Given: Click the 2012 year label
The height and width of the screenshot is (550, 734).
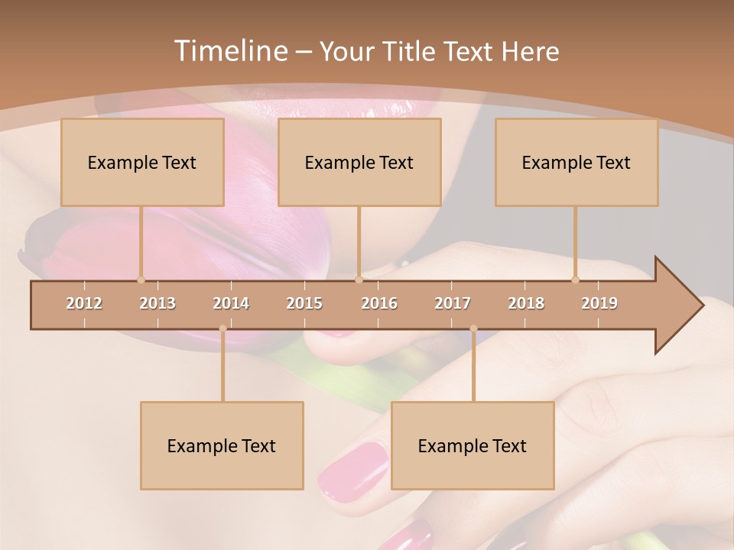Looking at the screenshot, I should pyautogui.click(x=84, y=303).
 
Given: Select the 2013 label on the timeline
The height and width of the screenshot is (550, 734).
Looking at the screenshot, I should pyautogui.click(x=158, y=303).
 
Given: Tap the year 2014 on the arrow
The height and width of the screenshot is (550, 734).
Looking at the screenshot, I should pyautogui.click(x=231, y=303).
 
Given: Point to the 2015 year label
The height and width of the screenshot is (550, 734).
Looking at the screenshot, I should pyautogui.click(x=304, y=303).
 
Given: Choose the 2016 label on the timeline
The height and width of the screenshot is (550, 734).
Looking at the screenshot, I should pyautogui.click(x=379, y=303).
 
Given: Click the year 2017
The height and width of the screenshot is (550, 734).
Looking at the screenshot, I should pyautogui.click(x=453, y=303).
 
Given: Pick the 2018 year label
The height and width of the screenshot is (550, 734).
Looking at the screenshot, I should pyautogui.click(x=526, y=303).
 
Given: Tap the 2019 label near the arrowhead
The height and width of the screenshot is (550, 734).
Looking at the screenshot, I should pyautogui.click(x=599, y=303).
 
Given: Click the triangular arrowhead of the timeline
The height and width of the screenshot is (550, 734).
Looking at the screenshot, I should pyautogui.click(x=677, y=306).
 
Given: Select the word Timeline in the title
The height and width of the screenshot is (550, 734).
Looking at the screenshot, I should pyautogui.click(x=229, y=51).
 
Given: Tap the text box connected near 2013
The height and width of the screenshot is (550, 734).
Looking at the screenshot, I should pyautogui.click(x=142, y=162).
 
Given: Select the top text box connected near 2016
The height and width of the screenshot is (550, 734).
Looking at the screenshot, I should pyautogui.click(x=359, y=162).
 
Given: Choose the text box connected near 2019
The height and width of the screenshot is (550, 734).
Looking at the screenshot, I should pyautogui.click(x=576, y=162).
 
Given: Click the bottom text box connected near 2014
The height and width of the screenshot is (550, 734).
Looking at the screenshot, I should pyautogui.click(x=222, y=445).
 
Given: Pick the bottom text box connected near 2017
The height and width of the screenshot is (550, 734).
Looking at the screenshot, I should pyautogui.click(x=473, y=445).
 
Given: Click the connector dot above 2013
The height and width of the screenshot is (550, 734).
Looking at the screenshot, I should pyautogui.click(x=141, y=280).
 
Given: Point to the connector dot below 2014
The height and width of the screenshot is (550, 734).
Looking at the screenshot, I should pyautogui.click(x=222, y=328).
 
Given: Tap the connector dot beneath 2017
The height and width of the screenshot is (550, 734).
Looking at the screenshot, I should pyautogui.click(x=473, y=328).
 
